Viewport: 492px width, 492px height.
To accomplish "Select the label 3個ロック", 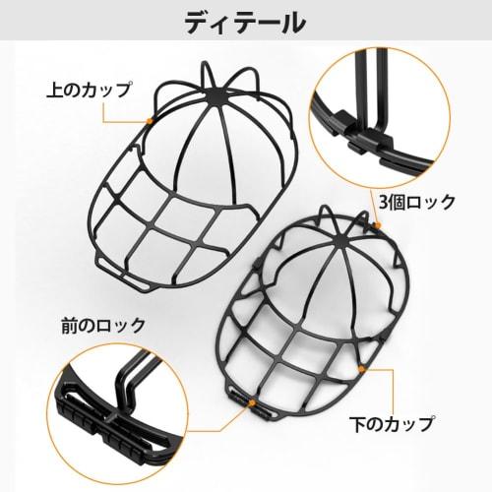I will pos(417,202).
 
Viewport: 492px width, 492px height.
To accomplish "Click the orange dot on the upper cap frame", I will pos(149,119).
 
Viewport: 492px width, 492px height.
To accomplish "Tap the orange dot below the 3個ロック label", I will pos(380,224).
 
